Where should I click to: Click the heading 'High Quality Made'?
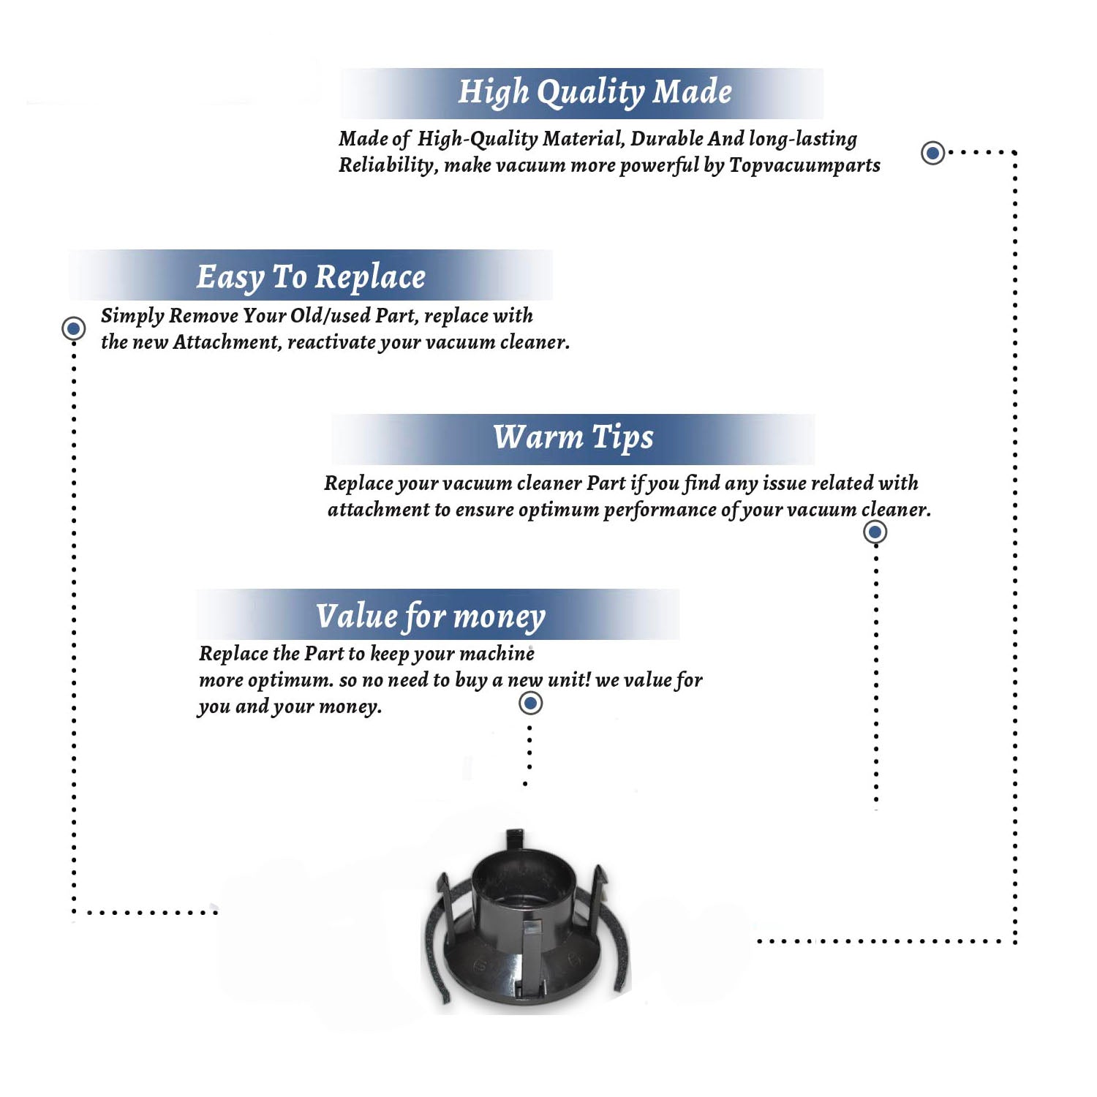click(x=595, y=93)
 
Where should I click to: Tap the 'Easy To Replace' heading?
click(x=311, y=277)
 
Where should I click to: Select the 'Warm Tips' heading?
click(x=573, y=437)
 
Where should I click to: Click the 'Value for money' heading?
click(x=431, y=617)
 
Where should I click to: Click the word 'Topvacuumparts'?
click(x=804, y=166)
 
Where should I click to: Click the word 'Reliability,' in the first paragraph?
click(x=388, y=166)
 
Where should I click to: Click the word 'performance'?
click(x=660, y=510)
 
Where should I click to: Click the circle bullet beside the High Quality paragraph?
click(x=932, y=153)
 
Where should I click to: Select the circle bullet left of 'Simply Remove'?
click(x=73, y=328)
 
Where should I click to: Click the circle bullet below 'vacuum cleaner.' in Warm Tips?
click(x=875, y=532)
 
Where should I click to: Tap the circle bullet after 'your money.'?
click(x=530, y=704)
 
